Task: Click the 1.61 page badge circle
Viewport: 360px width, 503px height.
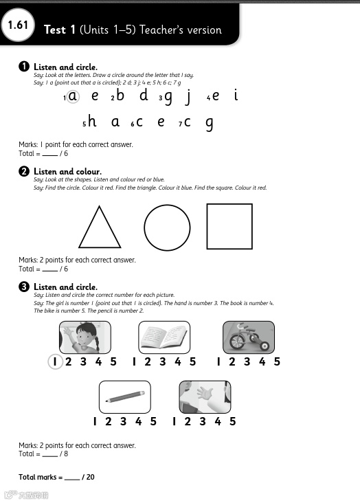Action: [17, 25]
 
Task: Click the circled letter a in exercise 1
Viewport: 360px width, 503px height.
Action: [73, 96]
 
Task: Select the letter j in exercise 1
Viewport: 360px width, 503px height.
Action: [189, 97]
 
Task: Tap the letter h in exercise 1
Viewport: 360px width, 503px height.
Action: [92, 121]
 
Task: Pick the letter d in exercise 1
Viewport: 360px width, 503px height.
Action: [144, 95]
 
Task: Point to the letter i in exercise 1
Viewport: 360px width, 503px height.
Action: [236, 95]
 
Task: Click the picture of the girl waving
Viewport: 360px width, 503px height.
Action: [85, 337]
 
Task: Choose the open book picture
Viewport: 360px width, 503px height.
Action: [164, 337]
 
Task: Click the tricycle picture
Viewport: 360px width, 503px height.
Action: [249, 337]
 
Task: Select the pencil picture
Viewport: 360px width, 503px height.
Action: [125, 397]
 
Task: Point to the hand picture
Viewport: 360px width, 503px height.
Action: [205, 397]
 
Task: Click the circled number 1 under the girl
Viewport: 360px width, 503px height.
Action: [55, 362]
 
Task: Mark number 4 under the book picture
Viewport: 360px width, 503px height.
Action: [178, 362]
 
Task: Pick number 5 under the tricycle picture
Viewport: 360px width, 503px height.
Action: [277, 362]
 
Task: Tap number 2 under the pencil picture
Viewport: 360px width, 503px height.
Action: [109, 421]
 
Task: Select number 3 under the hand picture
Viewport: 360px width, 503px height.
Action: [203, 421]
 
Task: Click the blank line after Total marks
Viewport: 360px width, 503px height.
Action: [72, 480]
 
